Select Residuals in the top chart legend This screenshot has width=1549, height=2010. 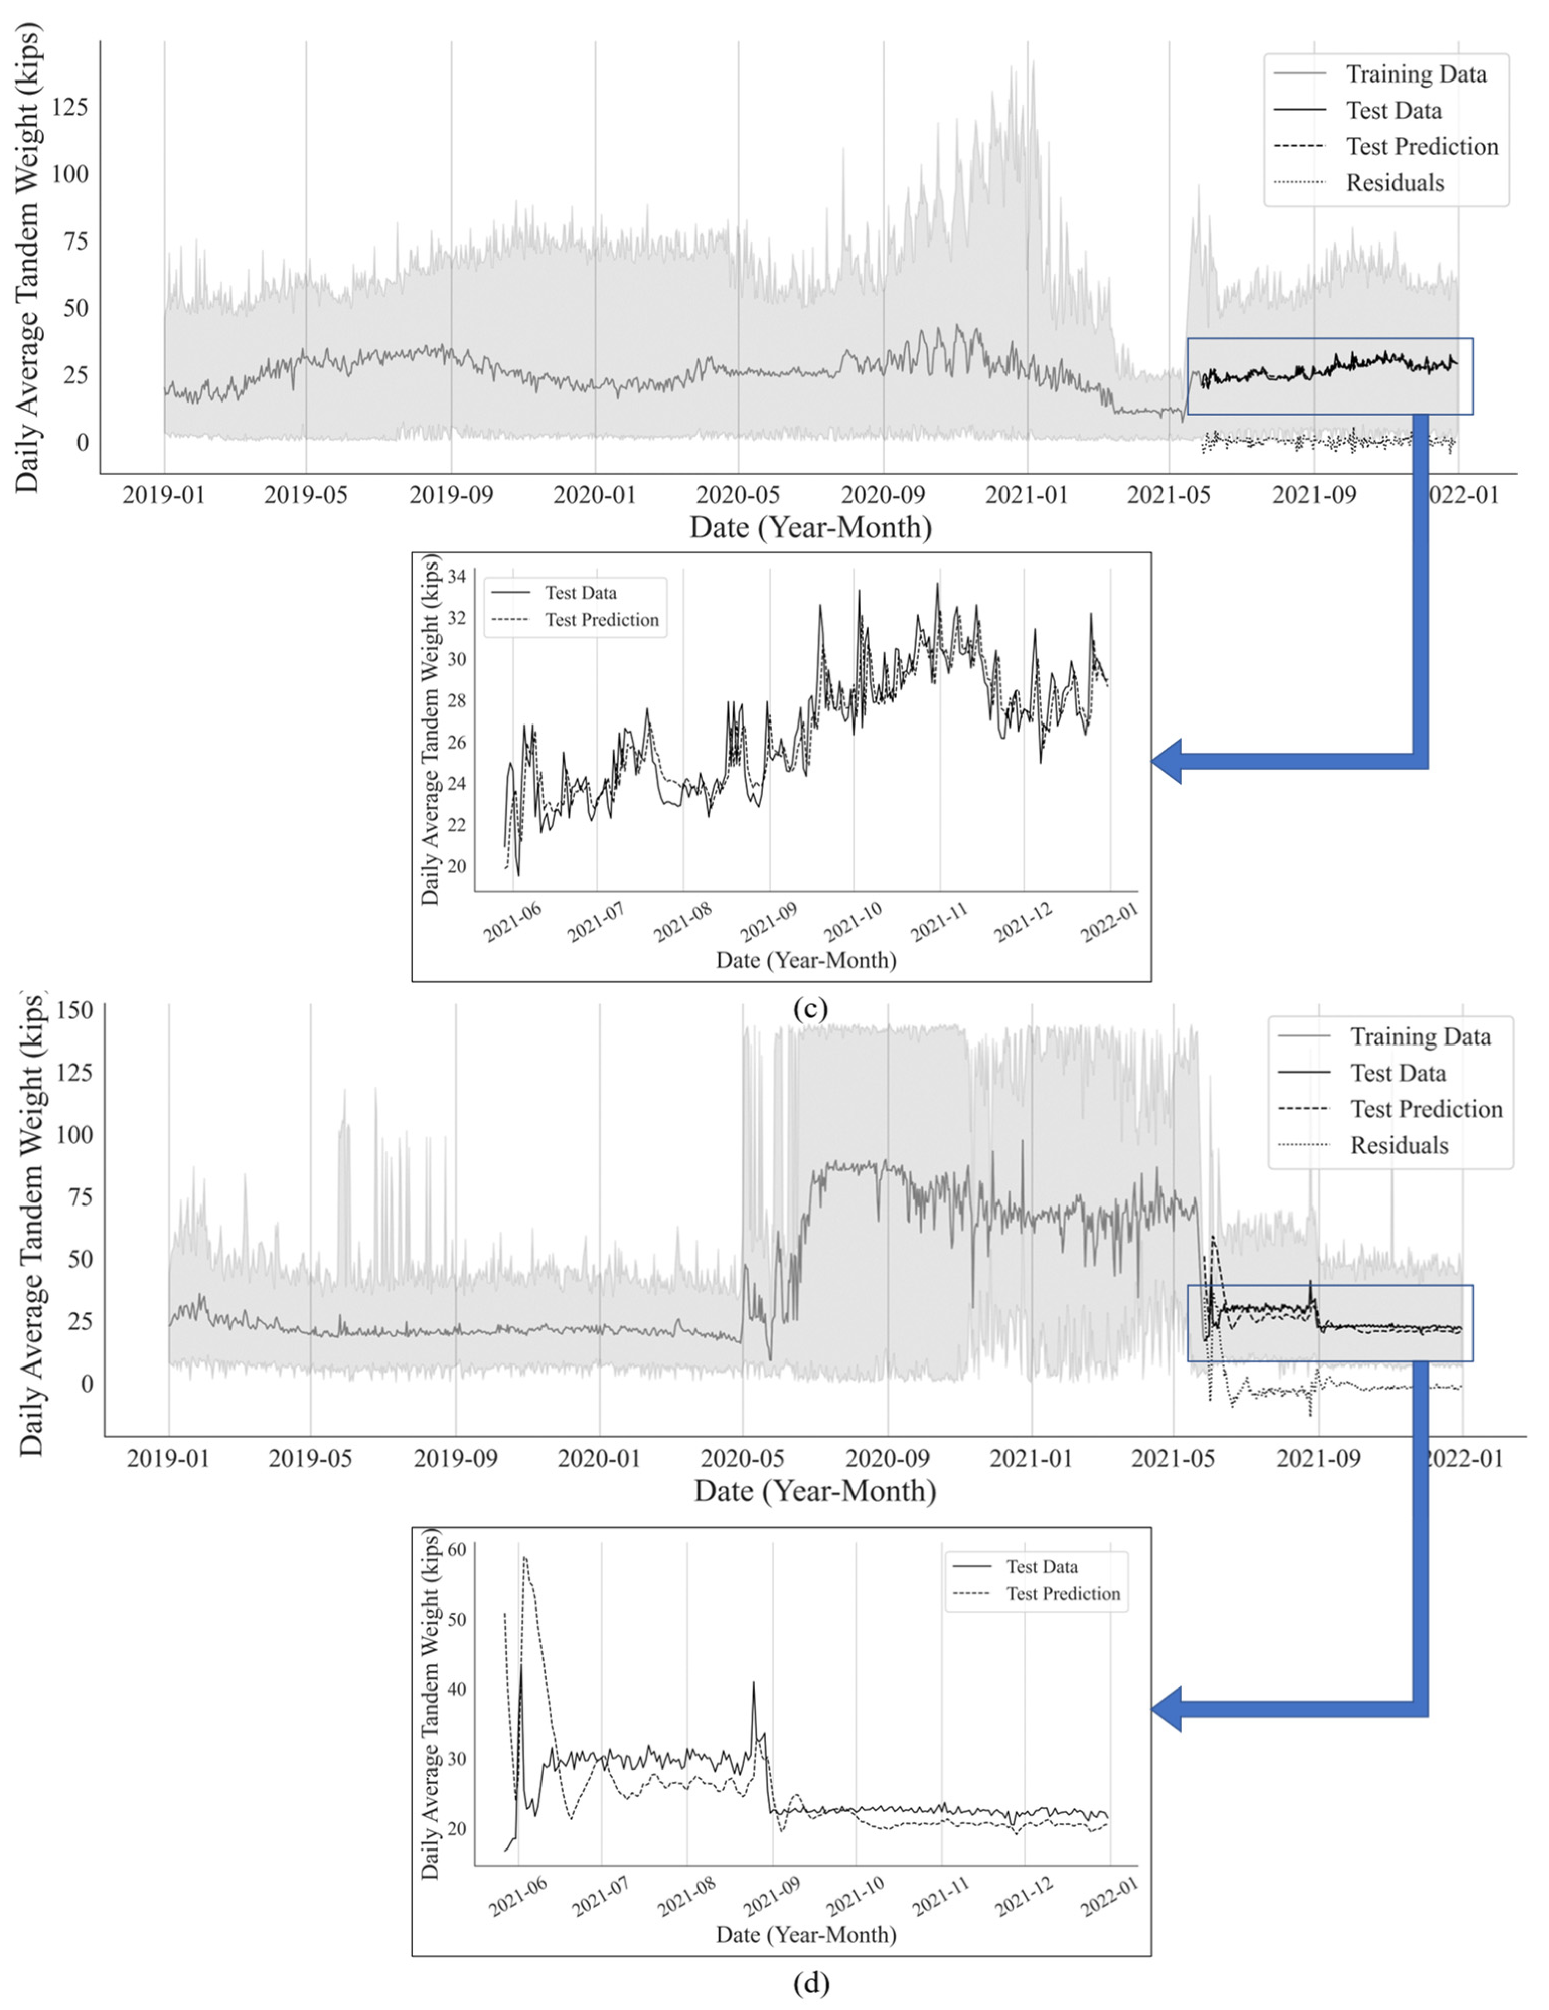(x=1395, y=182)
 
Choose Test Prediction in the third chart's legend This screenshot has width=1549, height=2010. (x=1426, y=1109)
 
